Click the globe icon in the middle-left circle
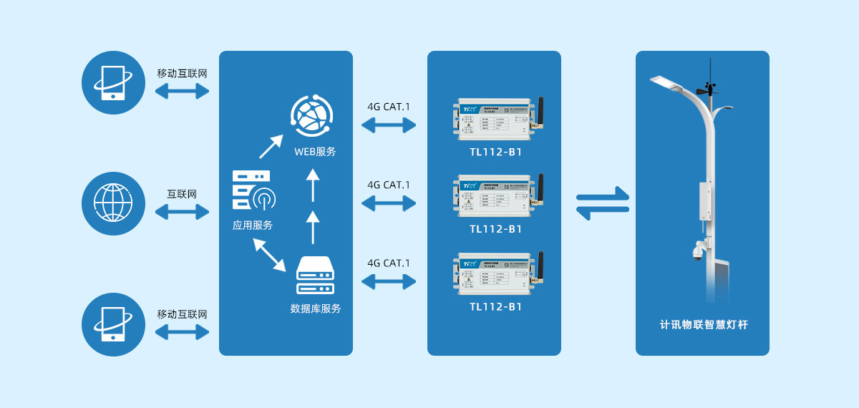(x=114, y=203)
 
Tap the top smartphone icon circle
(x=114, y=82)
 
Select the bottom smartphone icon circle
(x=114, y=324)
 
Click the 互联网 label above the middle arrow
(x=182, y=194)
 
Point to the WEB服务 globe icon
(x=312, y=116)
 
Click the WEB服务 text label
(x=315, y=152)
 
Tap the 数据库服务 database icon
(x=315, y=276)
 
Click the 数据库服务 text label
(x=315, y=309)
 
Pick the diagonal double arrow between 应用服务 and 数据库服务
(x=269, y=255)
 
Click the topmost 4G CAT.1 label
(x=389, y=107)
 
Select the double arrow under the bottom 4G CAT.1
(x=389, y=282)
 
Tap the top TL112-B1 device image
(x=498, y=118)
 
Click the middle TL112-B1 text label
(x=496, y=229)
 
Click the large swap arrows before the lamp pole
(x=603, y=203)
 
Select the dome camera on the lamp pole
(x=698, y=251)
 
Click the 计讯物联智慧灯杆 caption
(x=704, y=325)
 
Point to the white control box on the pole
(x=707, y=203)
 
